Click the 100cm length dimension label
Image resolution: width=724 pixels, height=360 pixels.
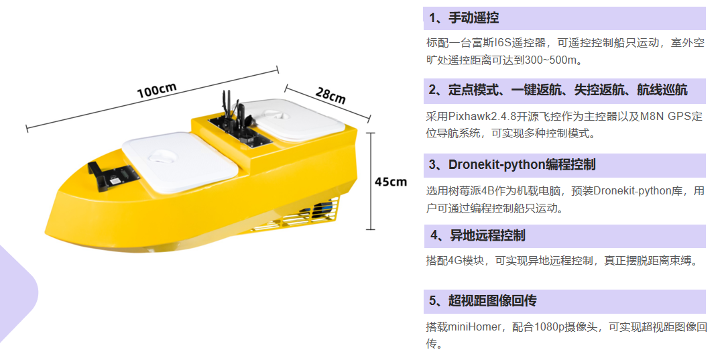click(x=156, y=90)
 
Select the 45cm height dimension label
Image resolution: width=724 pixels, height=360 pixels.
click(x=391, y=182)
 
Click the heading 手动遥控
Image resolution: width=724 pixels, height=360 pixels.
click(x=474, y=18)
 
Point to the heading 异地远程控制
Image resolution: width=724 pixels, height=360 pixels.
click(x=487, y=236)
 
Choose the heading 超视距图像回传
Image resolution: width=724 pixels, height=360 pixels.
click(x=493, y=302)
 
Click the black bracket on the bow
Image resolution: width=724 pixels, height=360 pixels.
click(x=111, y=176)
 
